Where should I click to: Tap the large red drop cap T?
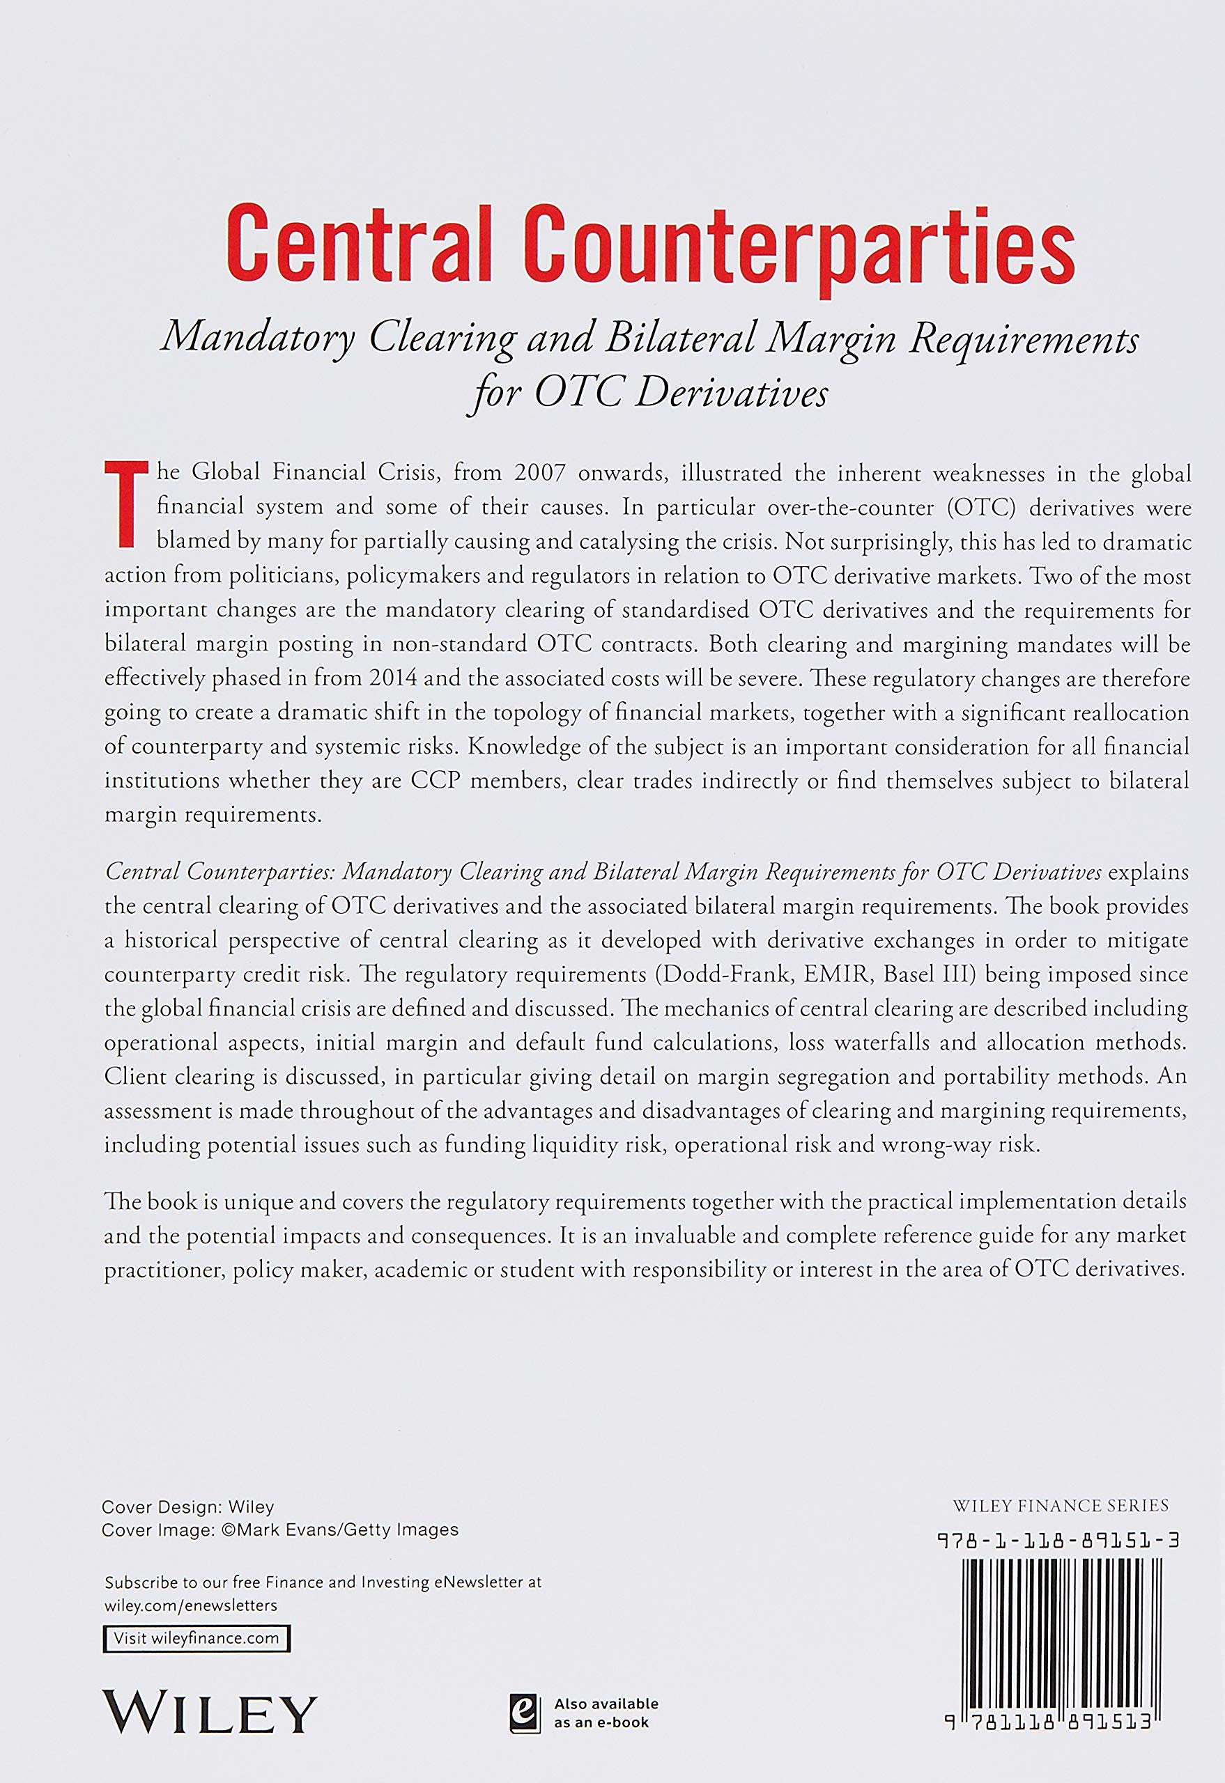point(123,503)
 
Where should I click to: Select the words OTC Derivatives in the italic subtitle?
point(681,393)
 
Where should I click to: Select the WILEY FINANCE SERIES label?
point(1061,1505)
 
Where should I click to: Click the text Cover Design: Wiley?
point(188,1506)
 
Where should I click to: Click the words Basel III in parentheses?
point(928,974)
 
